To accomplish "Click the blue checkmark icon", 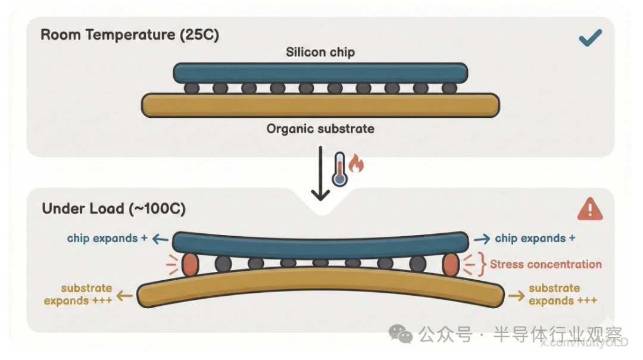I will [589, 39].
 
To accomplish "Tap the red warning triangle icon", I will [589, 209].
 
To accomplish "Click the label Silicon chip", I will [320, 52].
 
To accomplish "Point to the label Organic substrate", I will [320, 129].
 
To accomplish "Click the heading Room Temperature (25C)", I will [130, 34].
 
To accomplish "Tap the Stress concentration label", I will [545, 264].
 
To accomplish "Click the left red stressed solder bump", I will [189, 265].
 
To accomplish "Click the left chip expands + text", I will [107, 239].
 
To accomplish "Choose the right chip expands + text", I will [535, 239].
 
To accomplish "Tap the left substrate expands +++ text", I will [79, 294].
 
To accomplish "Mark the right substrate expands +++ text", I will [563, 294].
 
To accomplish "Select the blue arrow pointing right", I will [482, 239].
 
